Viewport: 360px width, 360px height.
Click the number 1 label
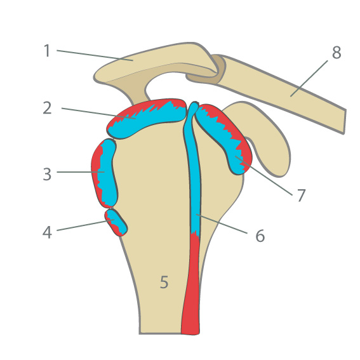tap(47, 51)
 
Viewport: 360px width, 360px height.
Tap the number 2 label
tap(47, 108)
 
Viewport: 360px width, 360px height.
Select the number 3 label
tap(47, 174)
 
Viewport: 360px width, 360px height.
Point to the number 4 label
tap(47, 232)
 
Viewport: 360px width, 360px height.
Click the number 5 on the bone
tap(164, 282)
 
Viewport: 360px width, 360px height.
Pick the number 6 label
tap(260, 236)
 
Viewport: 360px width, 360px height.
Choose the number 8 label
tap(337, 53)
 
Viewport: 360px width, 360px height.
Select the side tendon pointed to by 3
tap(105, 173)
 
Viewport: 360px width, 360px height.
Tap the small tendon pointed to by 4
tap(116, 223)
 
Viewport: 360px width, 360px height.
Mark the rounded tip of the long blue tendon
tap(194, 105)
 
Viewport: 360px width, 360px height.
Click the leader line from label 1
tap(95, 55)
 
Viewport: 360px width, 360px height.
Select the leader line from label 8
tap(309, 79)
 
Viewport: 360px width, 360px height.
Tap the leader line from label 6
tap(222, 224)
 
